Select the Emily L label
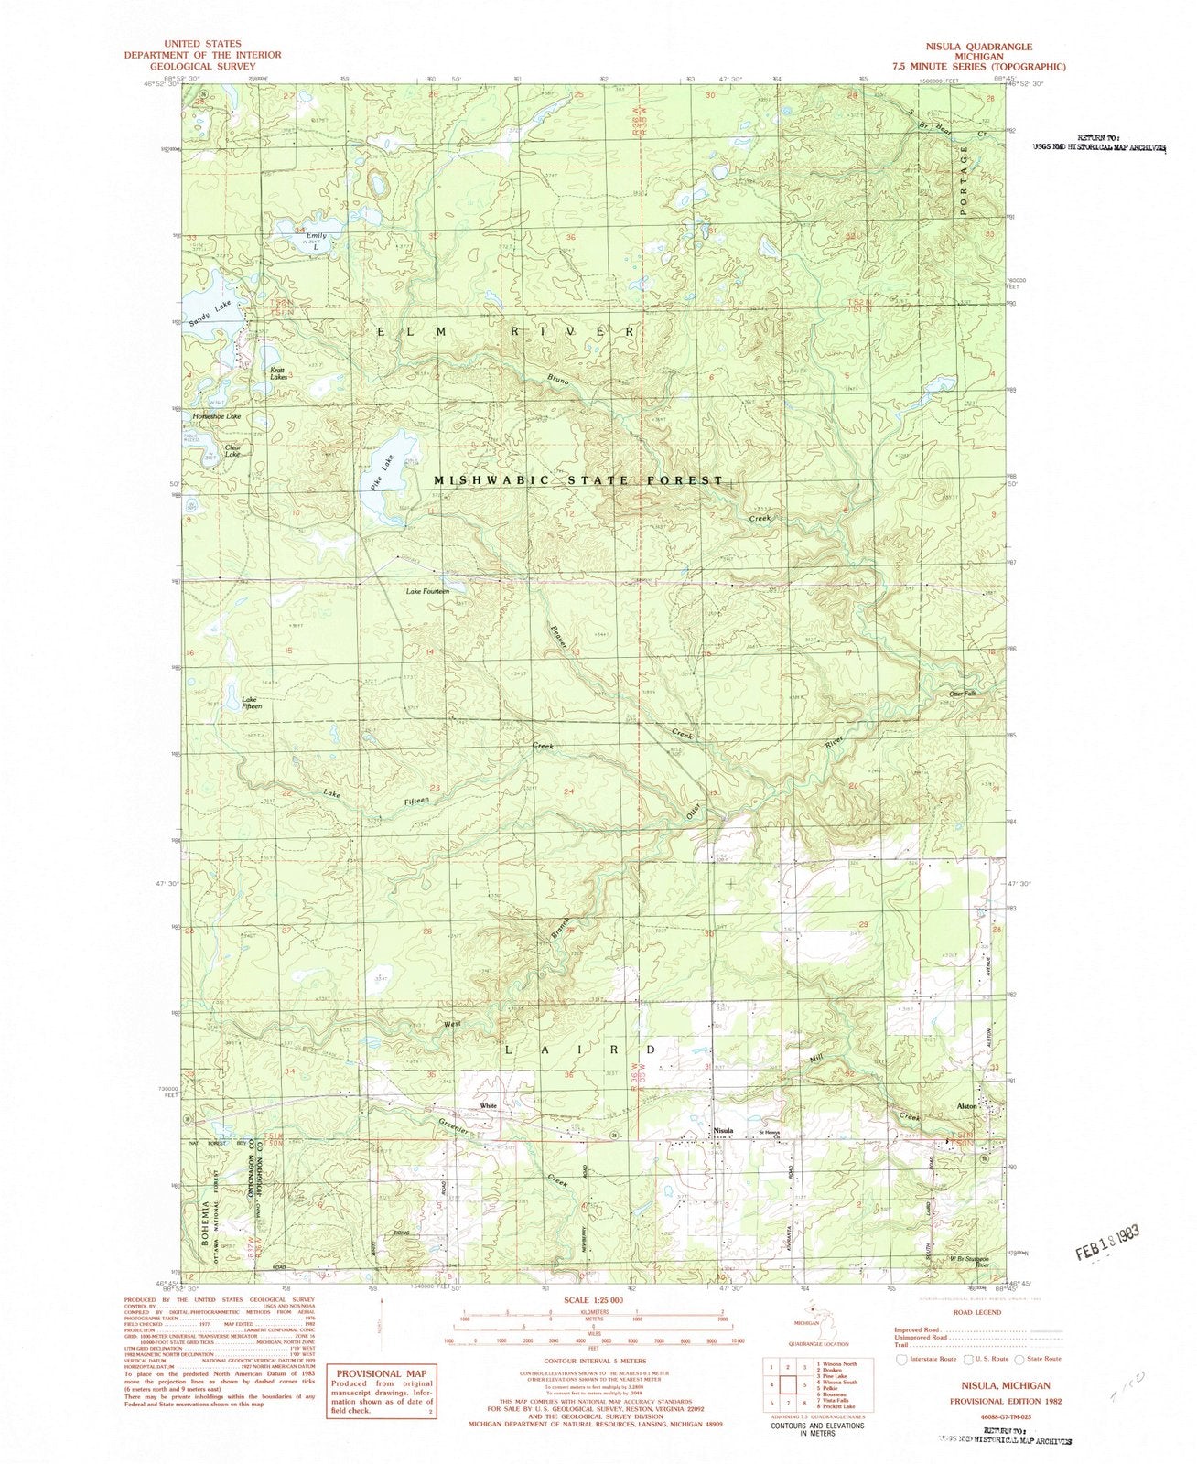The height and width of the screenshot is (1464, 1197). click(316, 241)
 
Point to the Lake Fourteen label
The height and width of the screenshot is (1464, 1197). click(428, 592)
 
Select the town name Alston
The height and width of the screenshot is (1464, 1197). click(967, 1106)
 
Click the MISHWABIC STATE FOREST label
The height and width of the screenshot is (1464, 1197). click(578, 480)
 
